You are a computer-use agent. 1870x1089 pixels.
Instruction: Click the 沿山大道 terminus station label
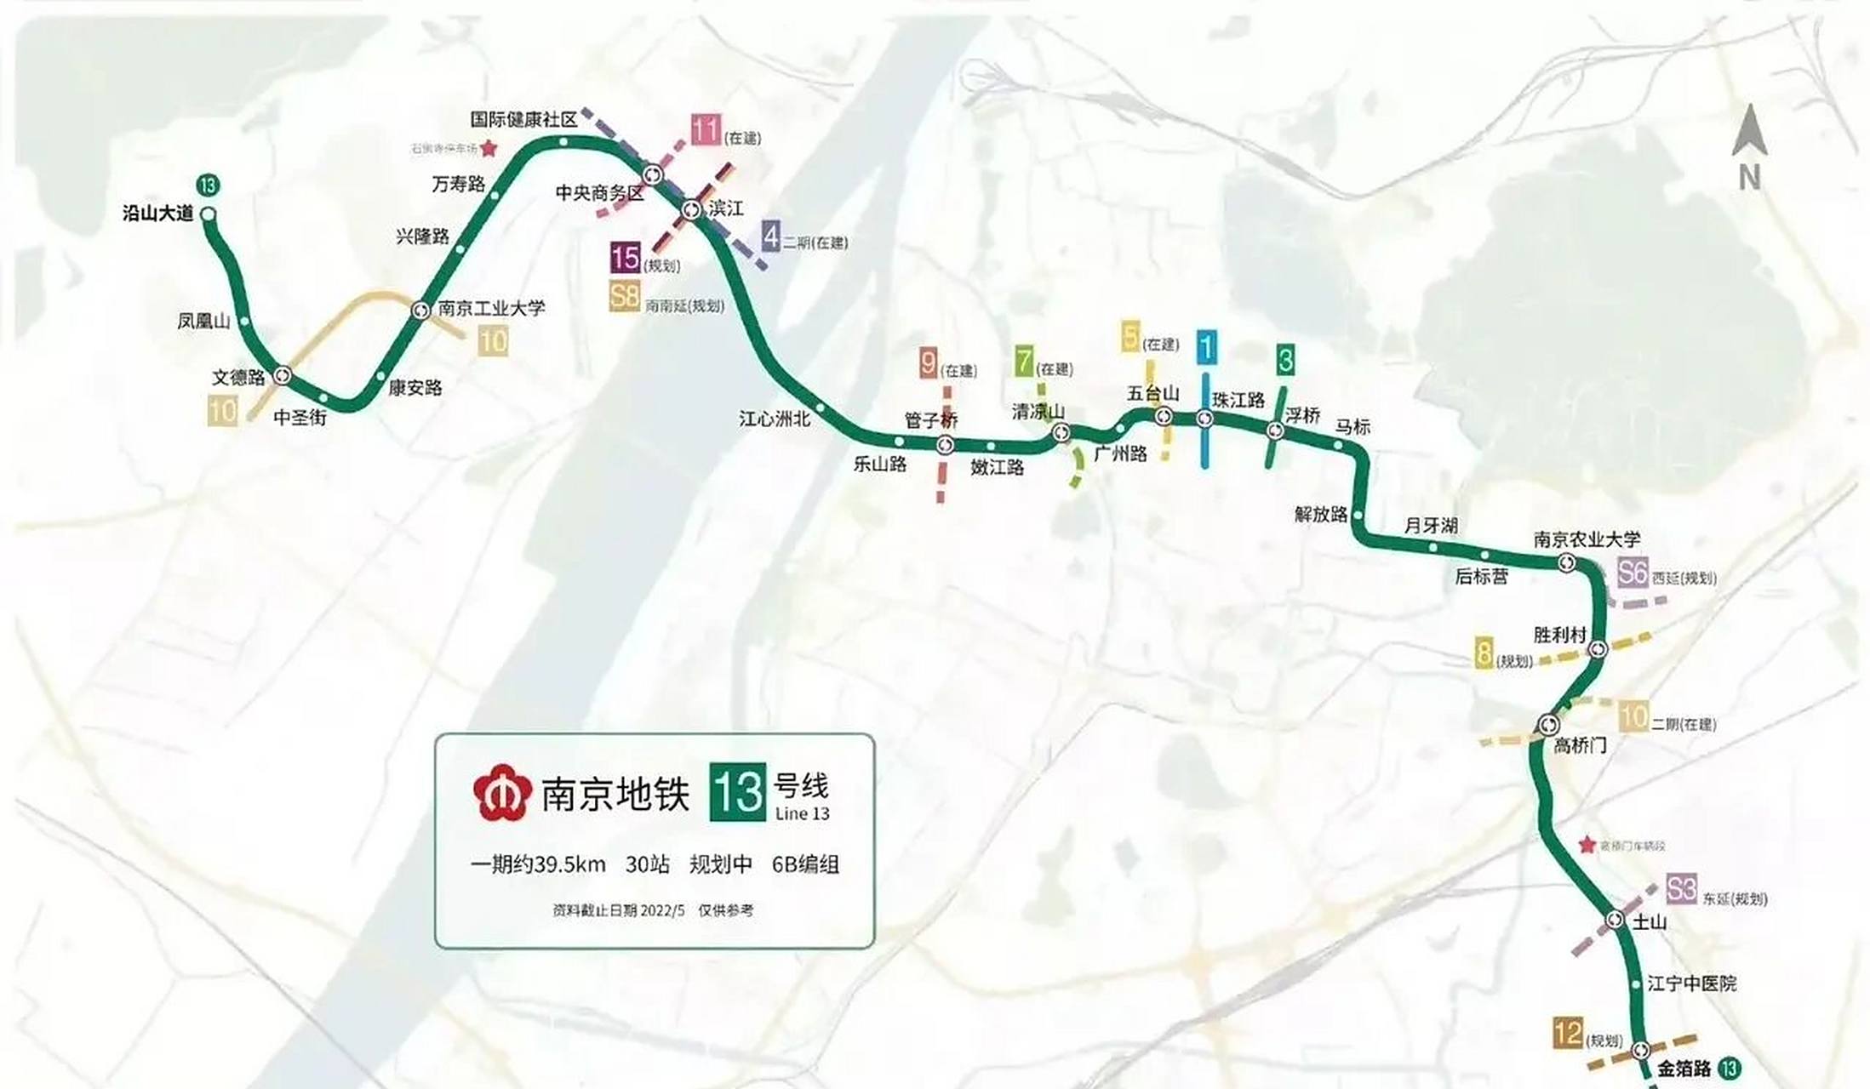[158, 214]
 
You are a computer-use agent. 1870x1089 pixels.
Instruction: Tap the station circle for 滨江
[691, 208]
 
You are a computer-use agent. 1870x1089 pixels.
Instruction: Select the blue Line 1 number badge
[1206, 347]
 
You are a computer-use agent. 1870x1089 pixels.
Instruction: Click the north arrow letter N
[1749, 178]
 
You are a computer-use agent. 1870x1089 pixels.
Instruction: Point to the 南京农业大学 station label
[1587, 539]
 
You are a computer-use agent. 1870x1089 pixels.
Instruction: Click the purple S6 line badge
[1633, 573]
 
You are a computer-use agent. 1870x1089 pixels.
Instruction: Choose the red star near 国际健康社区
[489, 149]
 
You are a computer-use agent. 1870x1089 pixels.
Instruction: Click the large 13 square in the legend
[738, 793]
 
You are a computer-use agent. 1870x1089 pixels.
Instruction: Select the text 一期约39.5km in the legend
[538, 865]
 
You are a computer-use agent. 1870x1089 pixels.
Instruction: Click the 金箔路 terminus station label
[1684, 1069]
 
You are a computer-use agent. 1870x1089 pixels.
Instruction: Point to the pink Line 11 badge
[706, 130]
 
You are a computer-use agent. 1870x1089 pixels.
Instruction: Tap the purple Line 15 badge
[625, 258]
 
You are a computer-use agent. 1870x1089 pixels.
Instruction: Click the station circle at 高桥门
[1548, 725]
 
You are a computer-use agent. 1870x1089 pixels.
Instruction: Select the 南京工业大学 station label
[491, 308]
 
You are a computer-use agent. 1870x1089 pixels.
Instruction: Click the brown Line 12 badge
[1568, 1034]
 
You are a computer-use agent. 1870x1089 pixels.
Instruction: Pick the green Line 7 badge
[1024, 361]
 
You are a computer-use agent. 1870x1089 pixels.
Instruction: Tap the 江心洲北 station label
[774, 419]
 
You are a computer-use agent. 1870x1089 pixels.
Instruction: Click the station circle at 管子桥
[945, 445]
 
